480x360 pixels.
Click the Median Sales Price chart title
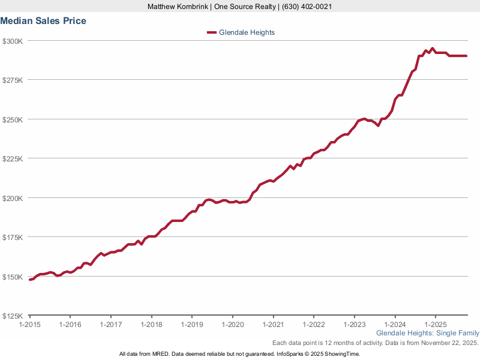43,21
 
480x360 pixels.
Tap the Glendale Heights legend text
247,32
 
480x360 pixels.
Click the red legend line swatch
211,32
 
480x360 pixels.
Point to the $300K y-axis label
13,41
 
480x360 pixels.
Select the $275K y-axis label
13,80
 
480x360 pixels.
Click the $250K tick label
13,119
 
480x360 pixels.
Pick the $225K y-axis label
13,158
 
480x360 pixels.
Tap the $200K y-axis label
13,198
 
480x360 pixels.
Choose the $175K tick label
13,238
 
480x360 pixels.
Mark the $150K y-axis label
13,277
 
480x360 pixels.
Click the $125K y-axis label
13,316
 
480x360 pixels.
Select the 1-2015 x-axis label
29,324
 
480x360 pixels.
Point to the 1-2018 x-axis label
151,324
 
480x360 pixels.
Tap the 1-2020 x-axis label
232,324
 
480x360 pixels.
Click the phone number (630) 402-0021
306,7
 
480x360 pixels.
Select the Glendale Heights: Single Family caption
428,333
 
